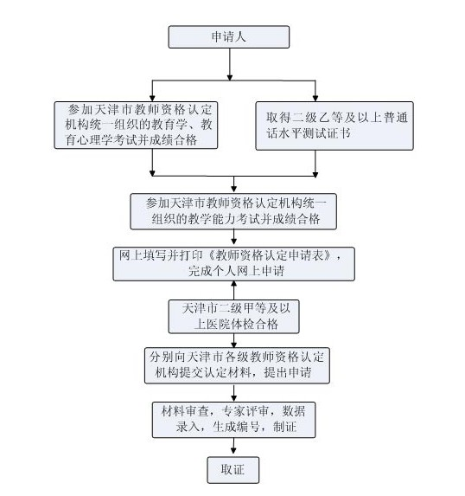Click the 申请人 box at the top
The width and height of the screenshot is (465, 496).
coord(229,37)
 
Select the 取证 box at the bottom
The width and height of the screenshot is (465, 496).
coord(233,470)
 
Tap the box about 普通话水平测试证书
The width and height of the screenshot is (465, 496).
coord(334,126)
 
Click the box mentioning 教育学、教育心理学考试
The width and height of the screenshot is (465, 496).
coord(136,125)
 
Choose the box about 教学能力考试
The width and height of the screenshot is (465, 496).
coord(233,211)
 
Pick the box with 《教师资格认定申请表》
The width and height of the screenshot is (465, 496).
coord(233,264)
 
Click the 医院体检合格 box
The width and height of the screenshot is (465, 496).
coord(233,316)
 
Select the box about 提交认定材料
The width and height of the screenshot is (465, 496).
coord(237,365)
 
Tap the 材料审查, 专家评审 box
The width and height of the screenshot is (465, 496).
coord(233,420)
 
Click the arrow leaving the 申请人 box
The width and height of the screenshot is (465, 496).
coord(230,64)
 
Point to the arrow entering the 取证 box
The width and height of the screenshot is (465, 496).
coord(233,446)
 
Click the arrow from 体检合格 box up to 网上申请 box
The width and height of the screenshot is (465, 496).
coord(233,290)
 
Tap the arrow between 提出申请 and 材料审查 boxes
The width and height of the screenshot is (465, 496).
coord(233,392)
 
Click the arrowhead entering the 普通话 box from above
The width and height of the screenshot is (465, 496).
coord(315,98)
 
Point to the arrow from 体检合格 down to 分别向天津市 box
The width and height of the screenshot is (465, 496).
coord(233,340)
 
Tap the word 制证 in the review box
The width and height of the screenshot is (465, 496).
coord(285,427)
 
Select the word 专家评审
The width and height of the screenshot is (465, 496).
coord(245,411)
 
